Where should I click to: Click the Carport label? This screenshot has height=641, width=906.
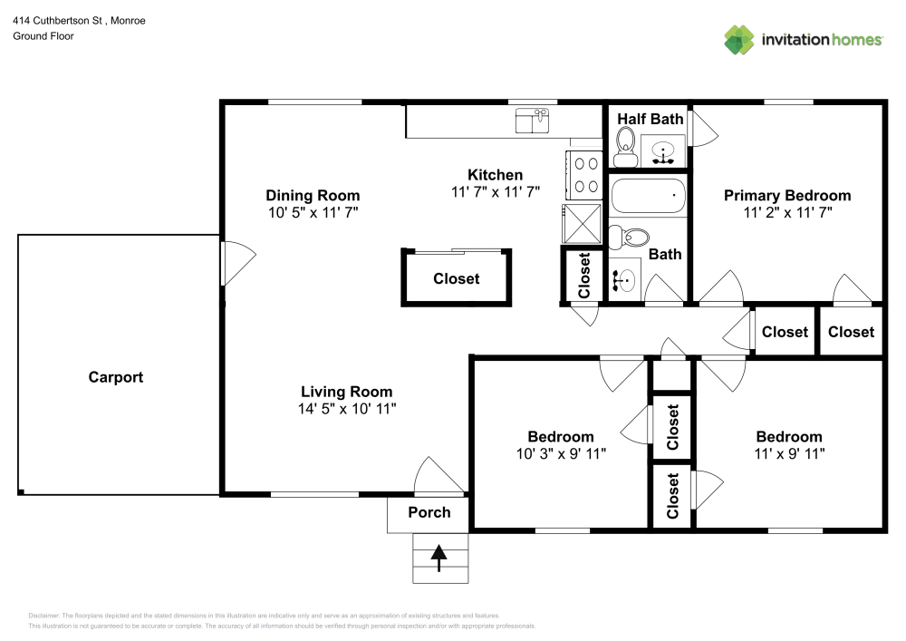[x=116, y=377]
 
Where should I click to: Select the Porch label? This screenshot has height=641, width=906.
[x=429, y=512]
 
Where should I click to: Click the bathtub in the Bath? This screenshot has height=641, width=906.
[x=648, y=195]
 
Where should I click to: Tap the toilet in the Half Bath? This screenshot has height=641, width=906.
[x=624, y=143]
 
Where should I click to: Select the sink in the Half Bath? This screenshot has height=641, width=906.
[x=665, y=151]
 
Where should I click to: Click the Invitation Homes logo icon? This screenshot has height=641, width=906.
[x=739, y=40]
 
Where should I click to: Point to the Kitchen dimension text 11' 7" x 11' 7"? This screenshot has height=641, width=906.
[x=495, y=191]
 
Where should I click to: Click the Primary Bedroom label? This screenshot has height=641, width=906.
[x=786, y=195]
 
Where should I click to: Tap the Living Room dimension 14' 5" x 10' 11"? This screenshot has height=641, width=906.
[x=347, y=408]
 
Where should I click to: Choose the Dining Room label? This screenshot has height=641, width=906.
[x=313, y=195]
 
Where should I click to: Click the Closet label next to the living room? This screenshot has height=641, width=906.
[x=456, y=278]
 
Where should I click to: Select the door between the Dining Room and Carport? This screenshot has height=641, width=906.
[x=231, y=263]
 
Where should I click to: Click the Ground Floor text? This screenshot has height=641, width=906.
[x=43, y=36]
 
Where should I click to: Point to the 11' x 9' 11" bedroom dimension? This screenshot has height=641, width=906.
[x=788, y=453]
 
